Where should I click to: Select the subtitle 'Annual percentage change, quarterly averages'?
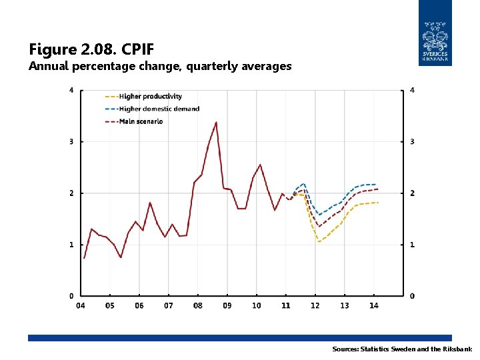(x=160, y=66)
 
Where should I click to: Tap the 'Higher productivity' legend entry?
(x=150, y=97)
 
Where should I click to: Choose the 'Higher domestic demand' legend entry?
(x=159, y=109)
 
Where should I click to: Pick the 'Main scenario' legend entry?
(x=141, y=121)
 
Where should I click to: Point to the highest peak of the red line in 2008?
(x=216, y=122)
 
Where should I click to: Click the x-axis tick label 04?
(x=81, y=306)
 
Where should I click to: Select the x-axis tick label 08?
(x=198, y=306)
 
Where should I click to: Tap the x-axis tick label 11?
(x=285, y=306)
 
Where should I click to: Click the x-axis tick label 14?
(x=373, y=306)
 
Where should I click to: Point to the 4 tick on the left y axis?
(x=72, y=90)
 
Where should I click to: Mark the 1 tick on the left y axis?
(x=72, y=245)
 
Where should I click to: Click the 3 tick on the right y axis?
(x=412, y=142)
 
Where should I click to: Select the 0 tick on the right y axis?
(x=412, y=296)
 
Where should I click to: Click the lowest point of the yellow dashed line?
(x=319, y=241)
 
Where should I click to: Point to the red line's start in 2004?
(x=84, y=258)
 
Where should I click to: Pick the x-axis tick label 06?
(x=139, y=306)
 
